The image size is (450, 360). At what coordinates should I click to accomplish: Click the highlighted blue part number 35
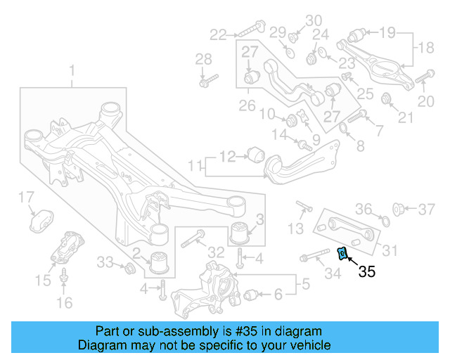click(343, 253)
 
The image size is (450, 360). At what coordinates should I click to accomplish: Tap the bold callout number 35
click(367, 272)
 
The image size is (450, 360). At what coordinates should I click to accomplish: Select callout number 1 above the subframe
click(71, 70)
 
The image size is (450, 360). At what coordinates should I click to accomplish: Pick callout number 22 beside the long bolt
click(218, 33)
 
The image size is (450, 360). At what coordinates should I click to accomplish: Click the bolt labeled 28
click(204, 83)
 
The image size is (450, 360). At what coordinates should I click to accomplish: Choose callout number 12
click(227, 156)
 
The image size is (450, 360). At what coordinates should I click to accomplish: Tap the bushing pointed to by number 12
click(254, 154)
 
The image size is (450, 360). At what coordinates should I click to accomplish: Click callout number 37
click(427, 208)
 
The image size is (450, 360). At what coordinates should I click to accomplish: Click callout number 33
click(105, 262)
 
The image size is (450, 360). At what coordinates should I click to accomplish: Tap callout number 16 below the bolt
click(64, 303)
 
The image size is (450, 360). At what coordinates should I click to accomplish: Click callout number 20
click(426, 101)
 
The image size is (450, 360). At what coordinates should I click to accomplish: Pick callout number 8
click(360, 146)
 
